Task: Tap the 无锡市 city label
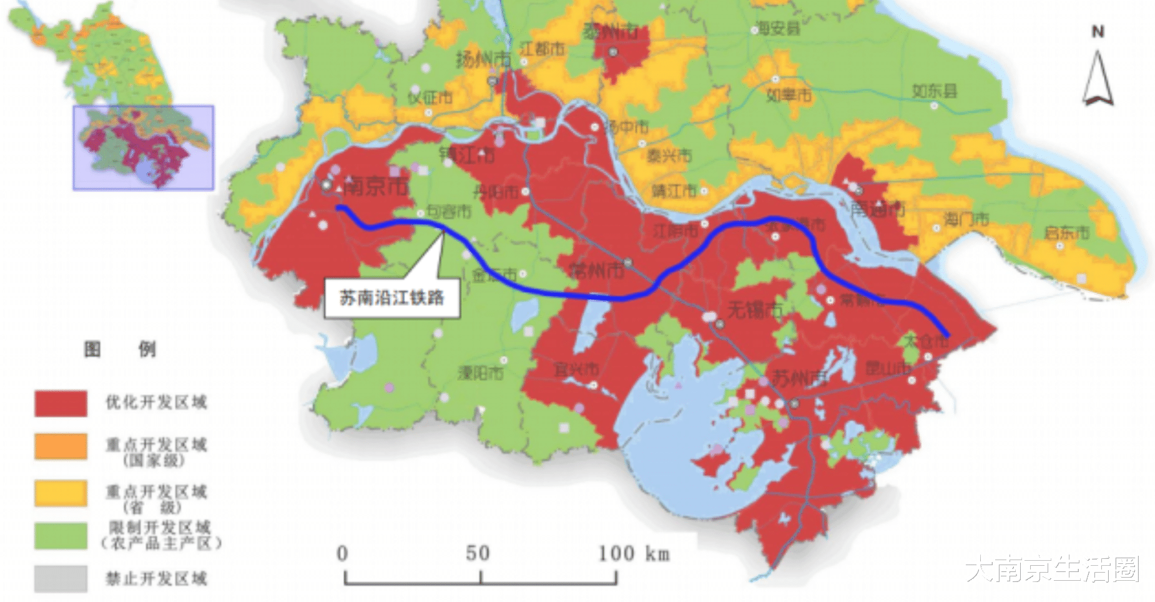tap(754, 309)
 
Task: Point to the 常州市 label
tap(596, 270)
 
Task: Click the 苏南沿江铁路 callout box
tap(391, 298)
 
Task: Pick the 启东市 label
tap(1066, 233)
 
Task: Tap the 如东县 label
tap(934, 91)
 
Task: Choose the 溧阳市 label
tap(480, 373)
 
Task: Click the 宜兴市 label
tap(576, 370)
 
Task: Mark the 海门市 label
tap(966, 219)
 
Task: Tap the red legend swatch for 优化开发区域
tap(61, 403)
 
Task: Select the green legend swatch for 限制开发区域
tap(61, 535)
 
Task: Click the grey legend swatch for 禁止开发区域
tap(61, 578)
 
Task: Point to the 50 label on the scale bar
tap(478, 553)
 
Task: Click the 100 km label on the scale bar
tap(633, 553)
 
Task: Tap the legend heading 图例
tap(120, 349)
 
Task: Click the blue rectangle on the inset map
tap(143, 147)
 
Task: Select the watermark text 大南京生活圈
tap(1052, 569)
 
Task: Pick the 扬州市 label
tap(483, 60)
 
